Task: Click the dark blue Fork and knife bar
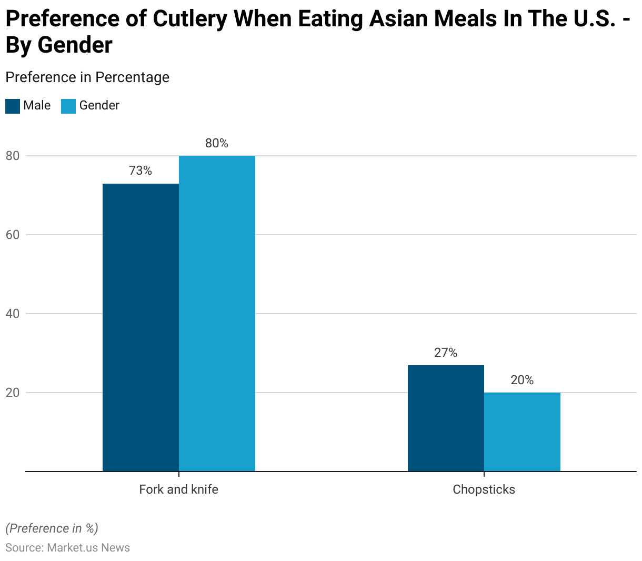click(x=141, y=327)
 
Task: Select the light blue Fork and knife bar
click(x=217, y=313)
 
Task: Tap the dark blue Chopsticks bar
click(x=446, y=418)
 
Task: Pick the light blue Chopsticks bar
click(x=522, y=432)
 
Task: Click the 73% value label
click(x=141, y=171)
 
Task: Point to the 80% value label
click(x=217, y=143)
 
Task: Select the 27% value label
click(x=446, y=353)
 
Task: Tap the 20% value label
click(x=522, y=380)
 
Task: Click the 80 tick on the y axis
click(x=13, y=156)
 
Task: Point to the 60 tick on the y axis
click(x=13, y=235)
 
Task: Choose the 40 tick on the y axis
click(x=13, y=314)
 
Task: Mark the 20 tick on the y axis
click(x=13, y=393)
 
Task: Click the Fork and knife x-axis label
click(x=178, y=489)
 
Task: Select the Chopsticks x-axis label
click(x=484, y=489)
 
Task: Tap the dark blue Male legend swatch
click(x=13, y=106)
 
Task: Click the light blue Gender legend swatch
click(x=68, y=106)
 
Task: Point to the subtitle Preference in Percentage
click(x=87, y=77)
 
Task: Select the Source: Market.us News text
click(x=67, y=548)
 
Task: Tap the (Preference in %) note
click(x=52, y=528)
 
